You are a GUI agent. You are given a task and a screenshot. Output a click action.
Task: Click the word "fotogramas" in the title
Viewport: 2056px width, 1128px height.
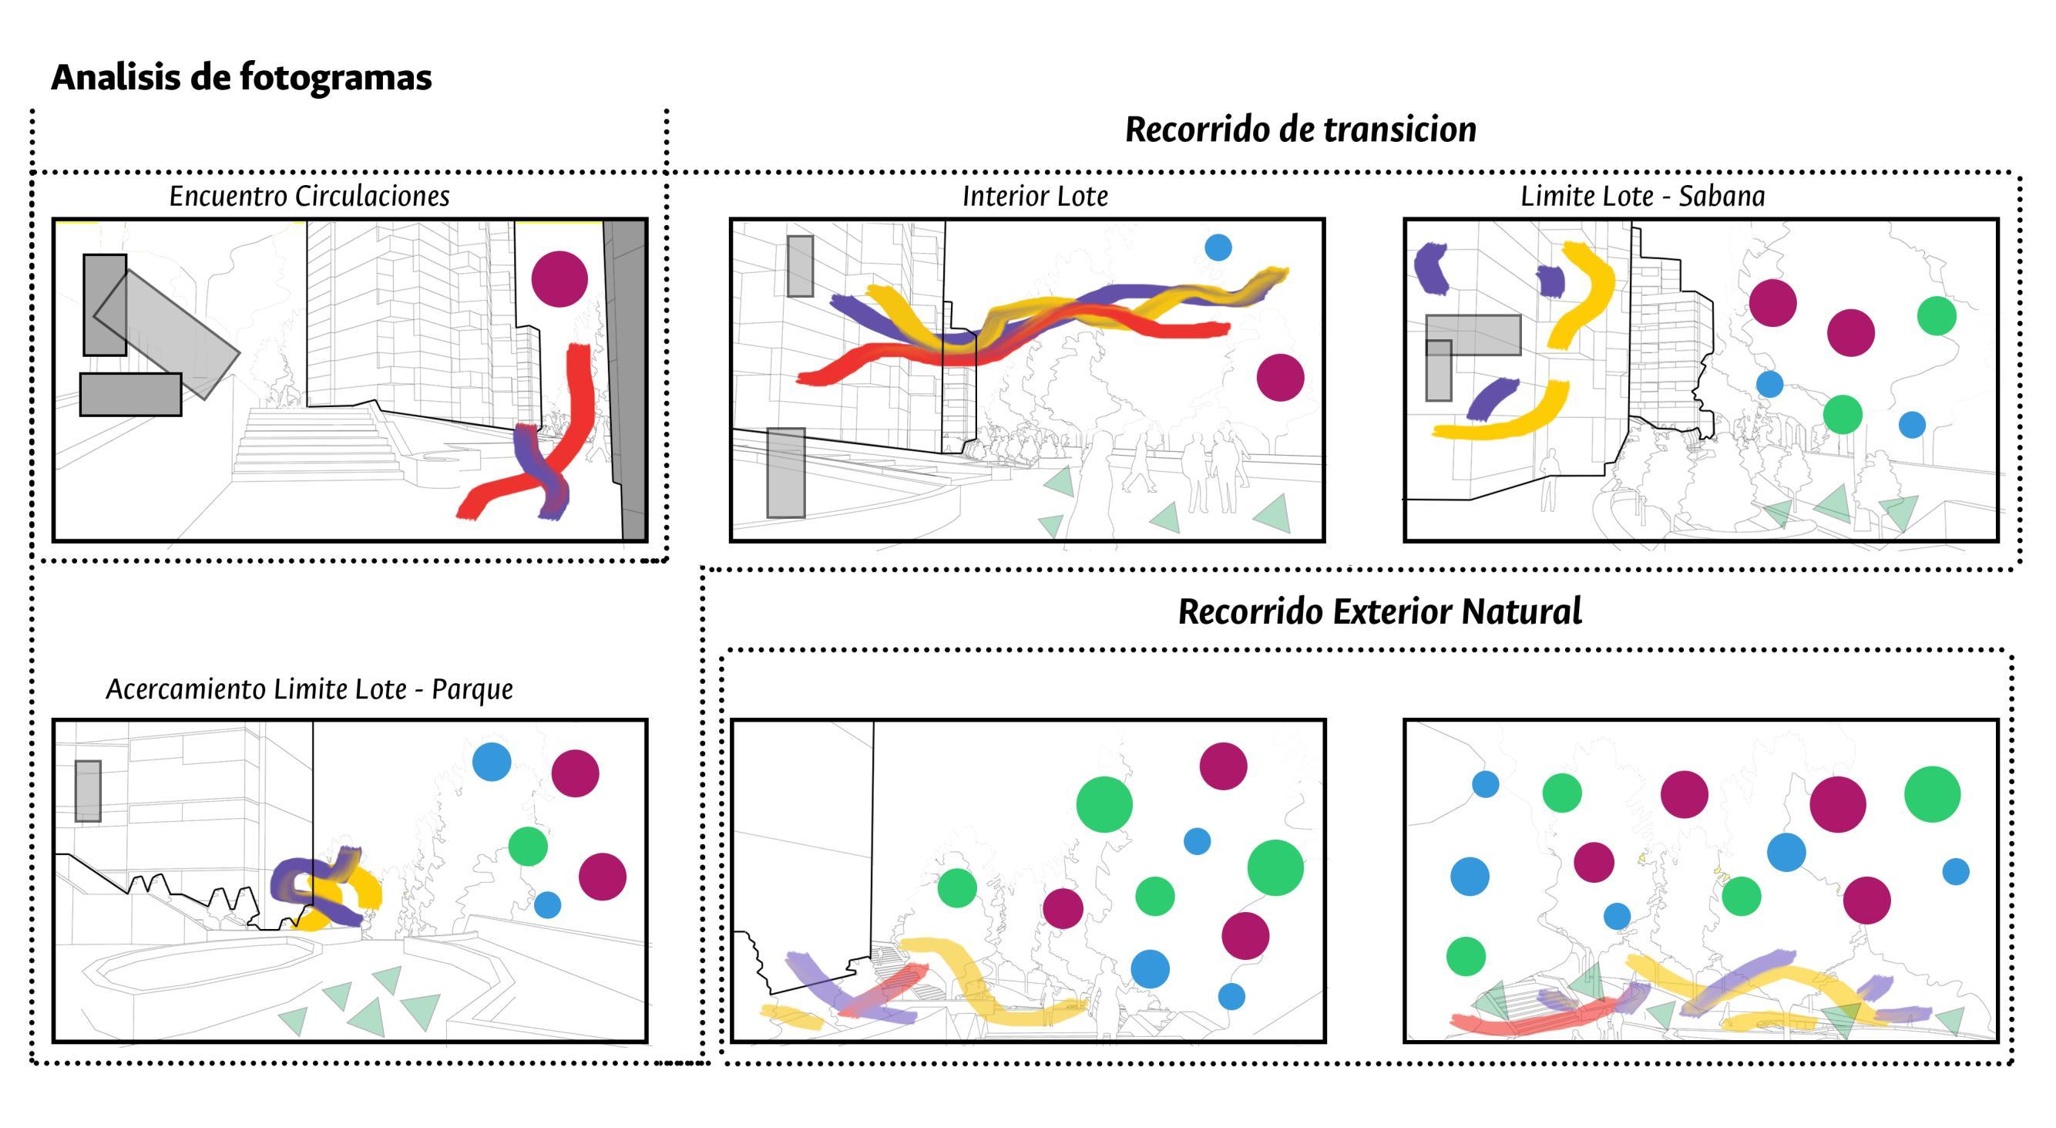click(335, 78)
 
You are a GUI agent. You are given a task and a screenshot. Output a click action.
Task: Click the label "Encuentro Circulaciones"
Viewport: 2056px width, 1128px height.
click(309, 197)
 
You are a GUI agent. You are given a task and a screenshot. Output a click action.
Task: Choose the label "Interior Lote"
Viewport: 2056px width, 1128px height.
click(1034, 197)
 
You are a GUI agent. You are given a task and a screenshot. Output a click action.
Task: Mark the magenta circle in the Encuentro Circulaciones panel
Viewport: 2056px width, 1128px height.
click(559, 279)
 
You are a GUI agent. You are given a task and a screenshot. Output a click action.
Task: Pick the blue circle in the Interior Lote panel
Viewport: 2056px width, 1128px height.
click(1218, 247)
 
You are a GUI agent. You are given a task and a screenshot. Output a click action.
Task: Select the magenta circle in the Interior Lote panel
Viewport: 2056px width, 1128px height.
click(1280, 378)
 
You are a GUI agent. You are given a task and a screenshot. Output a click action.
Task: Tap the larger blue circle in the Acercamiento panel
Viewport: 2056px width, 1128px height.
click(492, 762)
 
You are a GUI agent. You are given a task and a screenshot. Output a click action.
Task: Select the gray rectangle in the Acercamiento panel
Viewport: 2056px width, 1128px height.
click(88, 791)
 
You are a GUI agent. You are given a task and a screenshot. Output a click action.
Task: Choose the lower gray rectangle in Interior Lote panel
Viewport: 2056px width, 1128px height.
click(786, 473)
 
